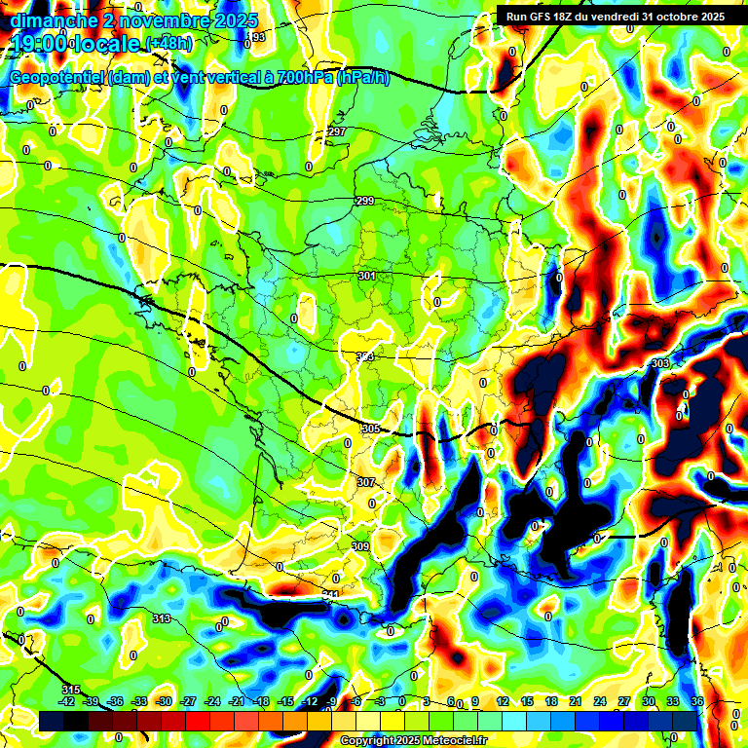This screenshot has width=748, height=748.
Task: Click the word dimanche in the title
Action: click(50, 20)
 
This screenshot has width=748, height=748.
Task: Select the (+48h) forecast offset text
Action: click(168, 43)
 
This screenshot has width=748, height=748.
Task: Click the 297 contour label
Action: click(337, 131)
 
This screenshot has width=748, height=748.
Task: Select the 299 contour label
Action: click(365, 201)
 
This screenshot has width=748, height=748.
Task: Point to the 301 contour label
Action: click(367, 277)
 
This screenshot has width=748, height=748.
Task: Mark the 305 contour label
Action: click(370, 429)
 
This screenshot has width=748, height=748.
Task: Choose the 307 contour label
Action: click(365, 482)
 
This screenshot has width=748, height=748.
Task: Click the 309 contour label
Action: click(360, 546)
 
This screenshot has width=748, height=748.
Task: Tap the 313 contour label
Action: click(162, 618)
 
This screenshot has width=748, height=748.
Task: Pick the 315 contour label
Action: click(70, 690)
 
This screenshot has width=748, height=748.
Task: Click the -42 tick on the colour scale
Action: click(67, 701)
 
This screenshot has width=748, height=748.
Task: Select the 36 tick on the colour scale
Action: click(697, 701)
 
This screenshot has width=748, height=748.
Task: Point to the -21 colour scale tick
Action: click(238, 701)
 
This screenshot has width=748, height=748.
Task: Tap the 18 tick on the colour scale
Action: click(551, 701)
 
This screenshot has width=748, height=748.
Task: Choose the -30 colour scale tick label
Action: click(165, 701)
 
